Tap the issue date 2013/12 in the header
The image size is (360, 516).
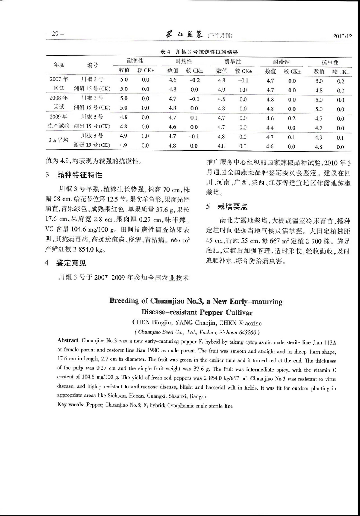point(342,36)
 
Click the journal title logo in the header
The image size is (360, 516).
point(184,35)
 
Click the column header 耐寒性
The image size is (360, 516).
point(135,61)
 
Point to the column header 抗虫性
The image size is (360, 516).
point(330,62)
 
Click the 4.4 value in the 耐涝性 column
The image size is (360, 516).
point(270,128)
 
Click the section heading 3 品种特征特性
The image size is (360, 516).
point(74,175)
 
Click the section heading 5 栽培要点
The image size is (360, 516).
point(227,206)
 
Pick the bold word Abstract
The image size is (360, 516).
point(69,340)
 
